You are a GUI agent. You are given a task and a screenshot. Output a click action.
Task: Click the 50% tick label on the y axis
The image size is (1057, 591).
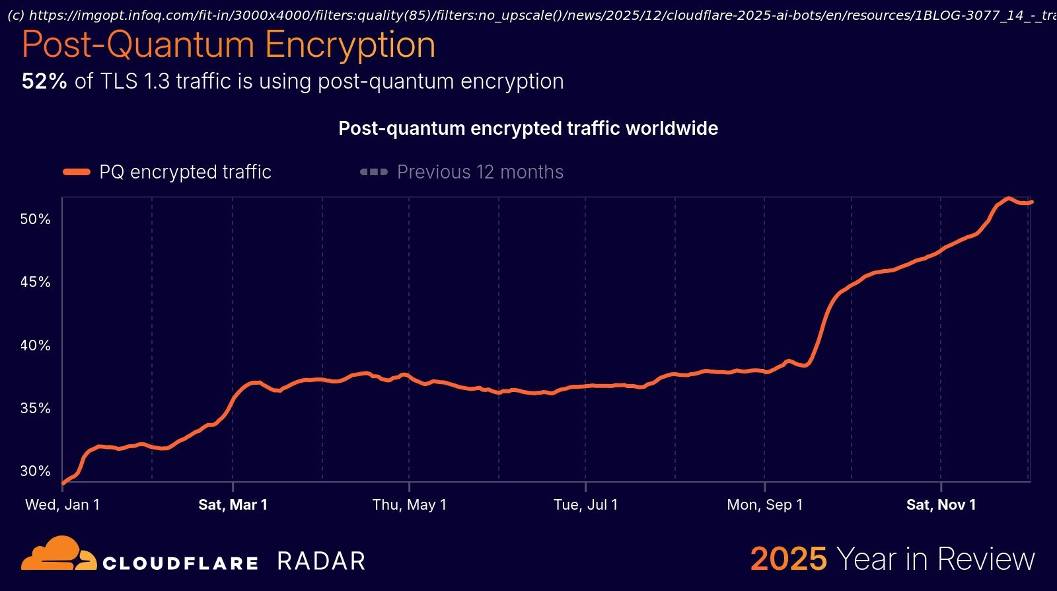pos(35,219)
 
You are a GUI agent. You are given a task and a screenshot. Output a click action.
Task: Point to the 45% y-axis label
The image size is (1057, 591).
pos(35,282)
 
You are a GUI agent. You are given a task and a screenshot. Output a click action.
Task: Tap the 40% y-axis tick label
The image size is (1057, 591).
pos(35,345)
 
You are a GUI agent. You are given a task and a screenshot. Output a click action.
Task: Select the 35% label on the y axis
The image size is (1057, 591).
pos(35,408)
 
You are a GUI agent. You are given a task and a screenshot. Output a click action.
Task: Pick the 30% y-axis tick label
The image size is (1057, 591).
pos(35,471)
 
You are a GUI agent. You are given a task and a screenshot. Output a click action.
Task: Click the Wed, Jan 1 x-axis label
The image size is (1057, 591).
pos(62,504)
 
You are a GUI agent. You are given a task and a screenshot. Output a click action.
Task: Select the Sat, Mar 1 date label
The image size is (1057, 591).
pos(233,504)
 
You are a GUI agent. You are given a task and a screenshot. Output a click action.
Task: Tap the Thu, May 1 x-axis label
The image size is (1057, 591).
pos(409,504)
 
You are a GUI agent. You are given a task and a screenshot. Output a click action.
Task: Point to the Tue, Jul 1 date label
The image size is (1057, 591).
pos(585,504)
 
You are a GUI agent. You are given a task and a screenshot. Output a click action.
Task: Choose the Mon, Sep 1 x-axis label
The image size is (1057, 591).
pos(764,504)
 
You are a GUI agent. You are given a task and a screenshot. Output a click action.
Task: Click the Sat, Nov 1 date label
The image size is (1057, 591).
pos(941,504)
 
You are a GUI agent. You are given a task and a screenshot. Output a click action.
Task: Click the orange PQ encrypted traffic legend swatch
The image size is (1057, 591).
pos(77,172)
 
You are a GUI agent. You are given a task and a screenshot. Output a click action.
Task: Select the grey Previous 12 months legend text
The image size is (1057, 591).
pos(480,172)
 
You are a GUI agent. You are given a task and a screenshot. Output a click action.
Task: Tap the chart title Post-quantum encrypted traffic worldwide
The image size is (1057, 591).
pos(528,128)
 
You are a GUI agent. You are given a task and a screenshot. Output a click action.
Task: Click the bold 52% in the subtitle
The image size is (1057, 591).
pos(44,81)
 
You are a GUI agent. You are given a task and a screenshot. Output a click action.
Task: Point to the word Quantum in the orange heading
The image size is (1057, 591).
pos(180,45)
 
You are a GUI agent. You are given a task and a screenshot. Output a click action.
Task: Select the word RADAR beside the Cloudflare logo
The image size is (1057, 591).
pos(321,561)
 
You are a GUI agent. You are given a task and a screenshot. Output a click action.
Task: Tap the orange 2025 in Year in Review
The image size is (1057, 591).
pos(788,559)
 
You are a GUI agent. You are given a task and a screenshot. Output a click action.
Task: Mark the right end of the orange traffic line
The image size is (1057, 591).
pos(1031,202)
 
